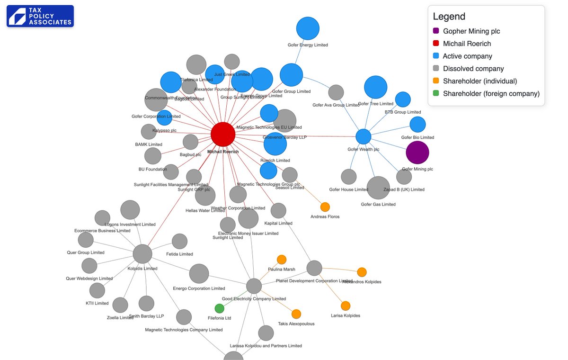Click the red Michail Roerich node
pos(223,134)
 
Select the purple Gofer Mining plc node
pos(417,153)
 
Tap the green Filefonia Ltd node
pos(219,308)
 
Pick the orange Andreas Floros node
pos(325,207)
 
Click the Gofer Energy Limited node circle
pos(308,28)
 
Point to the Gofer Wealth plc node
pos(363,136)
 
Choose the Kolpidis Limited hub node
pos(142,254)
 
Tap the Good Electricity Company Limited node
pos(254,286)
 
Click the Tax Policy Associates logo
pos(40,16)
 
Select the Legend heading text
pos(449,17)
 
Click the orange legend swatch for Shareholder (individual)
pos(436,81)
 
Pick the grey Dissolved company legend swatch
pos(436,69)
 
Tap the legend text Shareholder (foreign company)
pos(491,94)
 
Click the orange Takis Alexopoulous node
pos(296,314)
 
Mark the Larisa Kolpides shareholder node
pos(346,306)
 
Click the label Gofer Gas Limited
pos(378,205)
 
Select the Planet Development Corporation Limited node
pos(314,268)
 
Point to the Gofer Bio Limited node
pos(417,124)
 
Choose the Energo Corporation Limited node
pos(199,274)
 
